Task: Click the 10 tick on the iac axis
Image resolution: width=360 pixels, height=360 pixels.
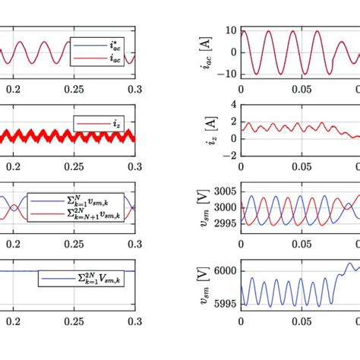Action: pos(229,31)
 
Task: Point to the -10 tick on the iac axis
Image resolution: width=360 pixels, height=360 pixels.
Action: pos(226,75)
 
